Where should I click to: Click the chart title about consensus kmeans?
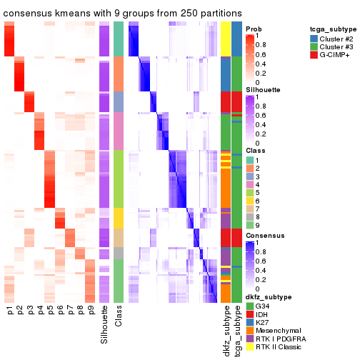click(x=122, y=14)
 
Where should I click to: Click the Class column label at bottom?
click(x=119, y=315)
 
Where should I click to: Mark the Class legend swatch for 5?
click(x=250, y=192)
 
